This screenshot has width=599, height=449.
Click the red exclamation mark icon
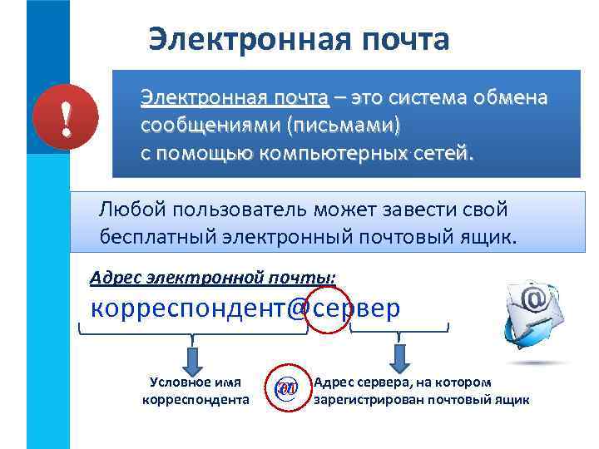pyautogui.click(x=65, y=122)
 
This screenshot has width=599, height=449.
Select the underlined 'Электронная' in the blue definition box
pyautogui.click(x=192, y=99)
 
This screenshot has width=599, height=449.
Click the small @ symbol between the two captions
pyautogui.click(x=285, y=388)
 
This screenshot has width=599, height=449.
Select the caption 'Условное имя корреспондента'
pyautogui.click(x=196, y=391)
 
